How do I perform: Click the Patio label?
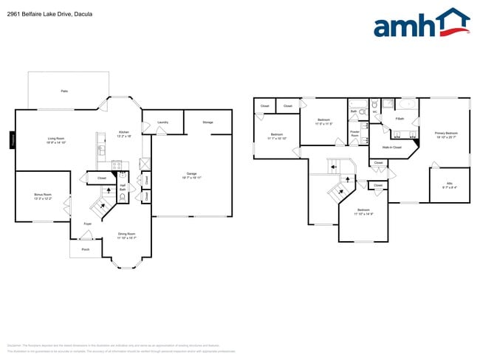(x=64, y=91)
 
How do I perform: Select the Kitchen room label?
(x=124, y=134)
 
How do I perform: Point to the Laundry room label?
(x=162, y=122)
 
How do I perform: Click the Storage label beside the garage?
(x=208, y=122)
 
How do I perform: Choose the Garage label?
(x=191, y=176)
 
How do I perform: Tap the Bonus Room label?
(x=43, y=197)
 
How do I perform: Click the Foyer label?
(x=87, y=223)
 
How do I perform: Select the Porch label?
(x=86, y=250)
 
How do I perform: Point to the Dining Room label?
(x=127, y=236)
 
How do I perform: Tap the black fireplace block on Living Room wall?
(x=12, y=139)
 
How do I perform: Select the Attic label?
(x=449, y=185)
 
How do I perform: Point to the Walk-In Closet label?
(x=392, y=148)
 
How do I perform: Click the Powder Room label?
(x=354, y=134)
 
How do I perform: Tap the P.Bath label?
(x=399, y=119)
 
